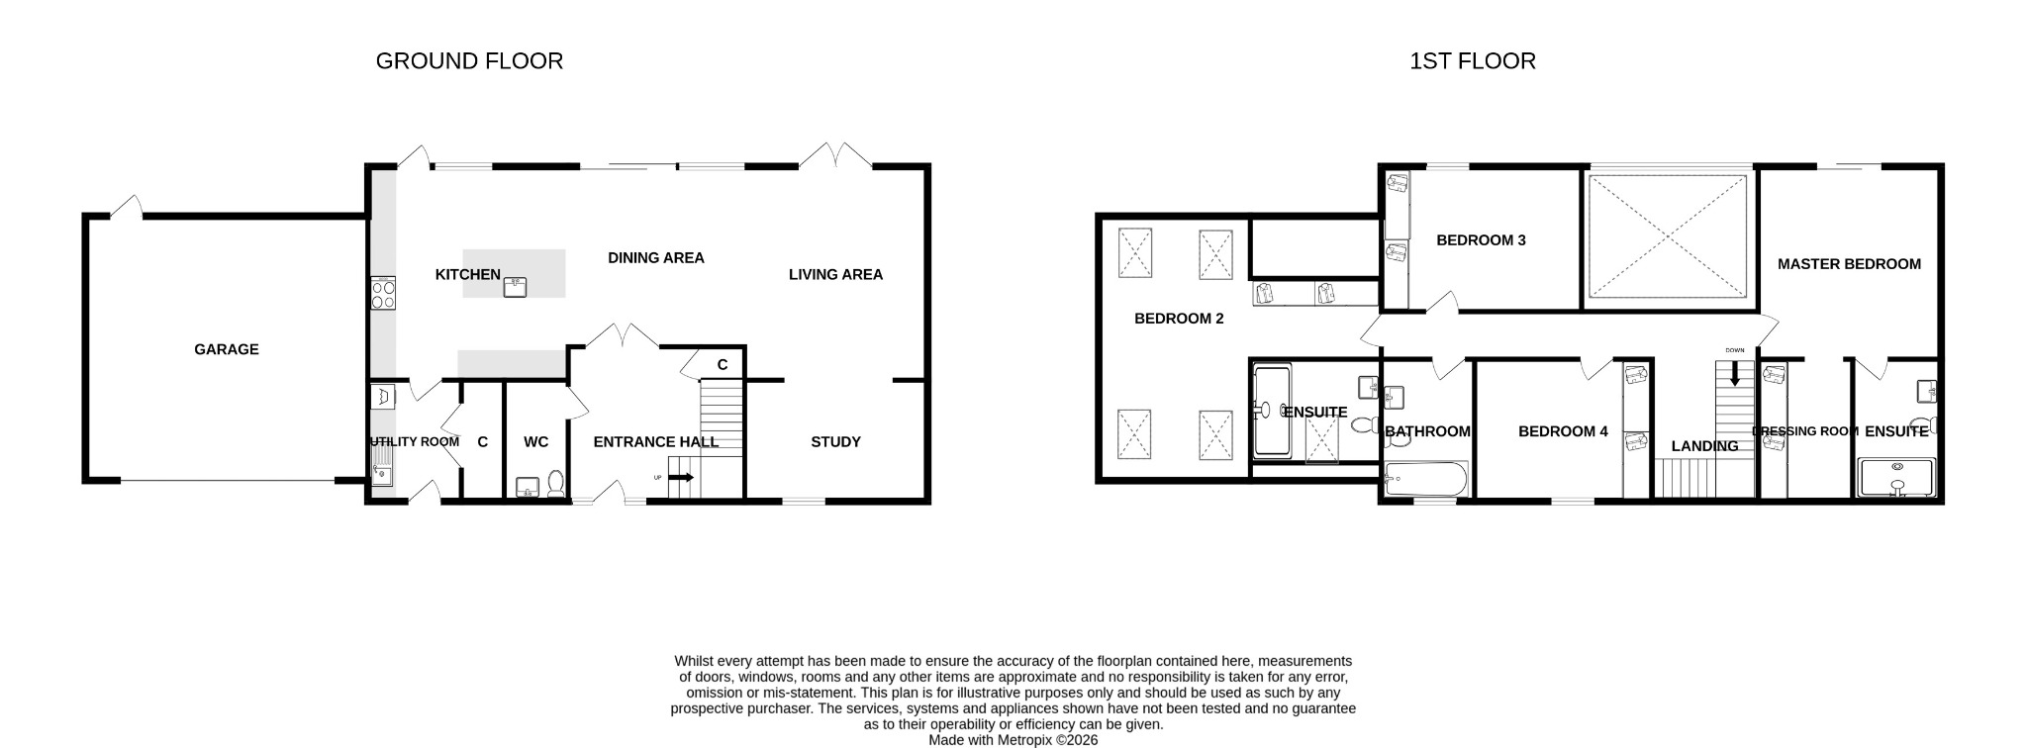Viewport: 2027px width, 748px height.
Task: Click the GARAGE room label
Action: pyautogui.click(x=226, y=349)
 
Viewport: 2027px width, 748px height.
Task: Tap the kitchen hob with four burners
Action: pyautogui.click(x=383, y=294)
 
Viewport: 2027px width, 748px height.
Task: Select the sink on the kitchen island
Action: pyautogui.click(x=515, y=287)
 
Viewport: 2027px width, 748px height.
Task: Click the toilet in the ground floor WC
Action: pyautogui.click(x=556, y=483)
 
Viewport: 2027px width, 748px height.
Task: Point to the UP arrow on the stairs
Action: pyautogui.click(x=682, y=478)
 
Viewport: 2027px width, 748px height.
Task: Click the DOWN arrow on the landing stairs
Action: pyautogui.click(x=1734, y=373)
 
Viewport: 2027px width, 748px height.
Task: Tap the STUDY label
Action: pyautogui.click(x=835, y=442)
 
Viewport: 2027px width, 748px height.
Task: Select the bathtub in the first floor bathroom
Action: pyautogui.click(x=1426, y=480)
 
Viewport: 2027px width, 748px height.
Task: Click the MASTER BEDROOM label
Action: pyautogui.click(x=1849, y=264)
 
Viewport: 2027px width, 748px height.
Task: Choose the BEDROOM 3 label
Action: pyautogui.click(x=1481, y=240)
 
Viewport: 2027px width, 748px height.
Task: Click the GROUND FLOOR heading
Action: pyautogui.click(x=469, y=61)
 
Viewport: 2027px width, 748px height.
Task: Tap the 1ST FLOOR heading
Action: pyautogui.click(x=1473, y=61)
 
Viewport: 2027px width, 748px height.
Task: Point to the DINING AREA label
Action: pyautogui.click(x=656, y=258)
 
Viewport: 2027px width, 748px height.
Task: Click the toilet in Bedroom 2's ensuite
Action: pyautogui.click(x=1365, y=425)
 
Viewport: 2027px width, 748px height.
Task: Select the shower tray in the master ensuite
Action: pyautogui.click(x=1896, y=478)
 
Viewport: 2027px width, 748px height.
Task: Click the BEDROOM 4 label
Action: pyautogui.click(x=1563, y=431)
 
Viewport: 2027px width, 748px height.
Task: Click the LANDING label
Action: pyautogui.click(x=1704, y=446)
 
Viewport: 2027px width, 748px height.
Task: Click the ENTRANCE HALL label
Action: pyautogui.click(x=656, y=442)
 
